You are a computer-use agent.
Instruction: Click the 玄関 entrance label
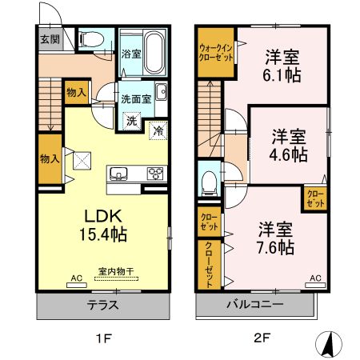49,38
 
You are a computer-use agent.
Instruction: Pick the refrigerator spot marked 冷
158,130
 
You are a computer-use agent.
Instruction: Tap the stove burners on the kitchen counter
154,174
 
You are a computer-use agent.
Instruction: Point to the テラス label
103,305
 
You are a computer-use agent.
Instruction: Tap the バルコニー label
252,305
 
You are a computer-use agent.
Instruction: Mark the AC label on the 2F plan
315,278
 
